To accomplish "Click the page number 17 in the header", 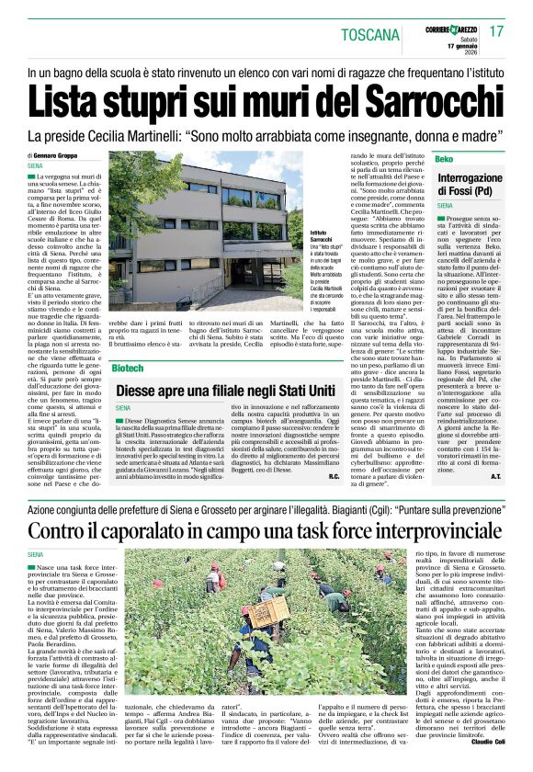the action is (496, 30).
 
